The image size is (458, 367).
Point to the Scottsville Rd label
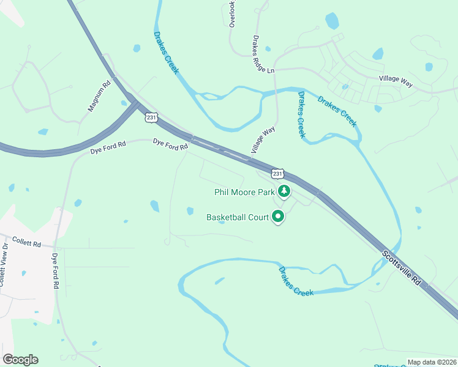click(x=402, y=269)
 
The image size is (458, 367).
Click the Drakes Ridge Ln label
click(x=263, y=54)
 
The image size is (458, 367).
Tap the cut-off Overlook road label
click(x=232, y=13)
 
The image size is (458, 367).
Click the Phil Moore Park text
click(x=244, y=192)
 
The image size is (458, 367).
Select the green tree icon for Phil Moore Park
click(x=283, y=192)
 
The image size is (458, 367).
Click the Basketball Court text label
click(x=238, y=217)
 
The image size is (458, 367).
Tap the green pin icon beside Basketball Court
click(x=278, y=217)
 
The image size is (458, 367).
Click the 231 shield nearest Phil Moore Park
click(x=278, y=174)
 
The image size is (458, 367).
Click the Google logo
click(x=20, y=360)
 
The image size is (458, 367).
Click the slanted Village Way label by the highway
click(x=263, y=140)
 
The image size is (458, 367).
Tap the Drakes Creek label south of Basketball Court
click(x=296, y=281)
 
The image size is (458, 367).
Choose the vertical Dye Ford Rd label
click(x=55, y=271)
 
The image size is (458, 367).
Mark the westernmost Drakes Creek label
click(x=166, y=53)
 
